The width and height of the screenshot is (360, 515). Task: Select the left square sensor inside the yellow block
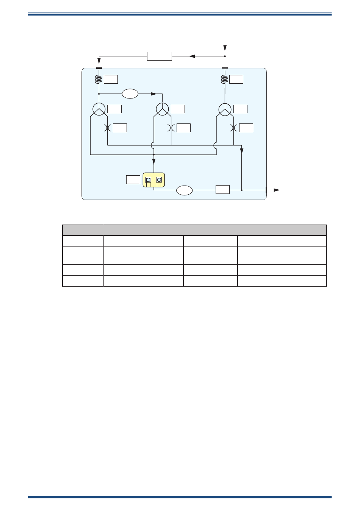click(x=148, y=180)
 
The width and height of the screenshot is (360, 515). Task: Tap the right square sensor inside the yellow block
click(x=159, y=180)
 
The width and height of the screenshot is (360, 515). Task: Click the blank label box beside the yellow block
click(x=133, y=179)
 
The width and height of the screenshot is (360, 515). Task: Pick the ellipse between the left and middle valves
click(x=130, y=94)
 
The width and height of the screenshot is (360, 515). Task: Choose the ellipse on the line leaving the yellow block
click(x=185, y=190)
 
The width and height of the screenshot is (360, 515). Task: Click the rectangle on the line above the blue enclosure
click(x=160, y=56)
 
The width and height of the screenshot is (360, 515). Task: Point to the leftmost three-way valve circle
click(x=99, y=109)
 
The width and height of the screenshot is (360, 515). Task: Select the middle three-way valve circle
click(x=162, y=109)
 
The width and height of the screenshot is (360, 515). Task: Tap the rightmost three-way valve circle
click(x=225, y=109)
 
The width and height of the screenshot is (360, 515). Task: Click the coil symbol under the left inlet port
click(x=99, y=79)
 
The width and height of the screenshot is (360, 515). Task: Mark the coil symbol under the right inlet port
click(x=225, y=79)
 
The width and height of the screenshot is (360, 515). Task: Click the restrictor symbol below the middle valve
click(x=170, y=128)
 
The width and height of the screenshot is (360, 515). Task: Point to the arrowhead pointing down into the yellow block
click(x=154, y=162)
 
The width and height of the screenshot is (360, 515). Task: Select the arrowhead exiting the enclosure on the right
click(x=277, y=190)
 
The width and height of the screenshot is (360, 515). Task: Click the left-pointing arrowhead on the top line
click(x=192, y=56)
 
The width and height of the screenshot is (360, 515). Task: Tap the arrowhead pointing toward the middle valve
click(x=154, y=94)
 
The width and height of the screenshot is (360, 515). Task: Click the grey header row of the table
click(x=194, y=230)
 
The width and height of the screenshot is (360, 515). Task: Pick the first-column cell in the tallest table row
click(x=83, y=255)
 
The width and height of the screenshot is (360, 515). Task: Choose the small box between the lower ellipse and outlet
click(x=222, y=190)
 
